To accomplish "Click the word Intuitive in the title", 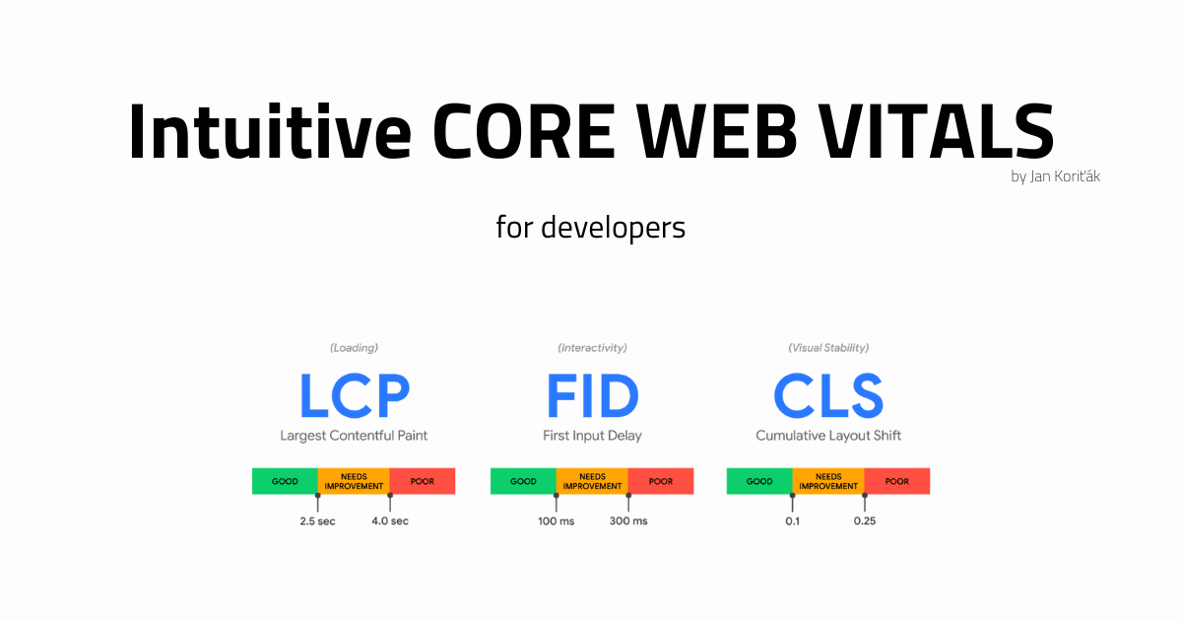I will point(269,132).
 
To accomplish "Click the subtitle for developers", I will point(590,228).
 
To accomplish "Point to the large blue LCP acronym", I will point(354,396).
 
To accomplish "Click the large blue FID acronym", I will point(592,396).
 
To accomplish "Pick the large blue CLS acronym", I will point(827,396).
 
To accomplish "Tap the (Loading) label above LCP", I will point(354,348).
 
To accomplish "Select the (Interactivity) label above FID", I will point(592,348).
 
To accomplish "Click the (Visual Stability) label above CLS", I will point(827,348).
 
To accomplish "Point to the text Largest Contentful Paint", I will point(354,436).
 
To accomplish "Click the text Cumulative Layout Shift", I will point(827,436).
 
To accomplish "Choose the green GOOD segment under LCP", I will point(285,481).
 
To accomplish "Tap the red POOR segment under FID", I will point(661,481).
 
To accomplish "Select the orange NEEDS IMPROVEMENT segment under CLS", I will point(828,481).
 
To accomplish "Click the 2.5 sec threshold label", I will point(317,520).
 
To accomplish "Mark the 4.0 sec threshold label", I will point(389,520).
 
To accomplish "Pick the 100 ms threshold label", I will point(556,520).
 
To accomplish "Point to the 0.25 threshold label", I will point(864,520).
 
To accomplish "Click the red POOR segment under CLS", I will point(897,481).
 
